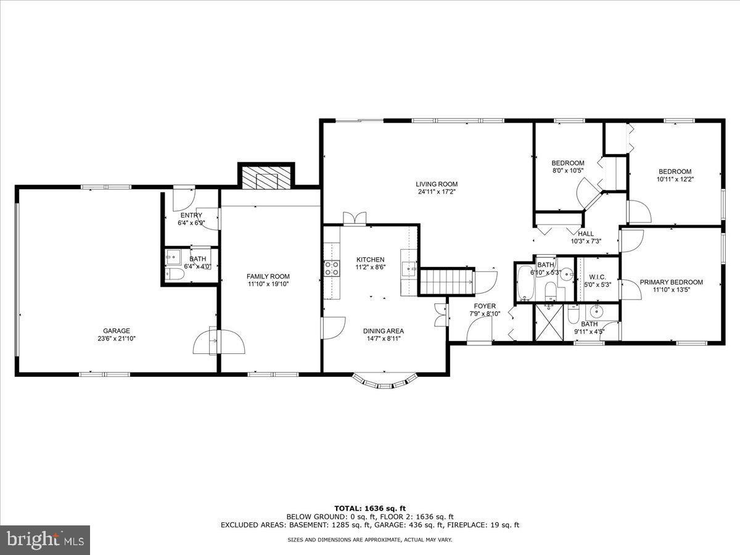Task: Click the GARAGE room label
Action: (x=116, y=331)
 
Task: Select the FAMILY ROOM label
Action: (x=268, y=276)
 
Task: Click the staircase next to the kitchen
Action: (x=446, y=281)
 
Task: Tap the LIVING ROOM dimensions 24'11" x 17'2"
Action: (x=436, y=192)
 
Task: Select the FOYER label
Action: (x=484, y=306)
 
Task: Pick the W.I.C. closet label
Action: (x=597, y=277)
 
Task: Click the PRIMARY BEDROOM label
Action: (x=671, y=282)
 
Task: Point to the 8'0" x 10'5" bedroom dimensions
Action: (x=567, y=171)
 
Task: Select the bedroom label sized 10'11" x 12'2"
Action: (x=675, y=171)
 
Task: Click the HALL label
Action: (x=586, y=234)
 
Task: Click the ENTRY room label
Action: (x=191, y=215)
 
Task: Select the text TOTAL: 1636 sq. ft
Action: (x=370, y=508)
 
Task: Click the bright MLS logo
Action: (x=45, y=540)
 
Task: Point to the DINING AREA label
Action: (x=383, y=331)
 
